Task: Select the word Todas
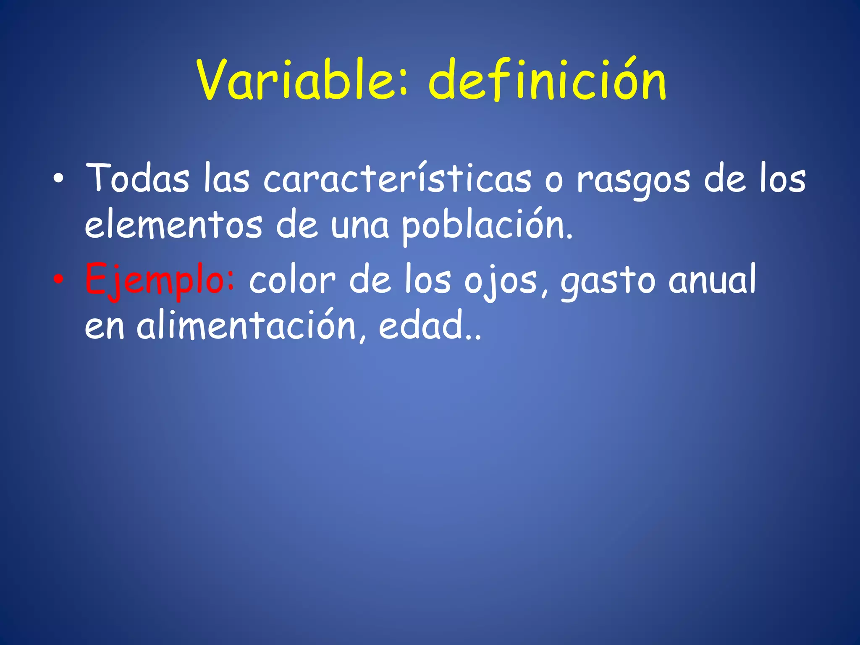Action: pyautogui.click(x=137, y=178)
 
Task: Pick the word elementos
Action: pyautogui.click(x=173, y=225)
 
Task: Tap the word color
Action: pyautogui.click(x=292, y=280)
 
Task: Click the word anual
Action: pyautogui.click(x=712, y=279)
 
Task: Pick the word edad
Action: pyautogui.click(x=425, y=325)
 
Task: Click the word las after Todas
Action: pyautogui.click(x=226, y=178)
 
